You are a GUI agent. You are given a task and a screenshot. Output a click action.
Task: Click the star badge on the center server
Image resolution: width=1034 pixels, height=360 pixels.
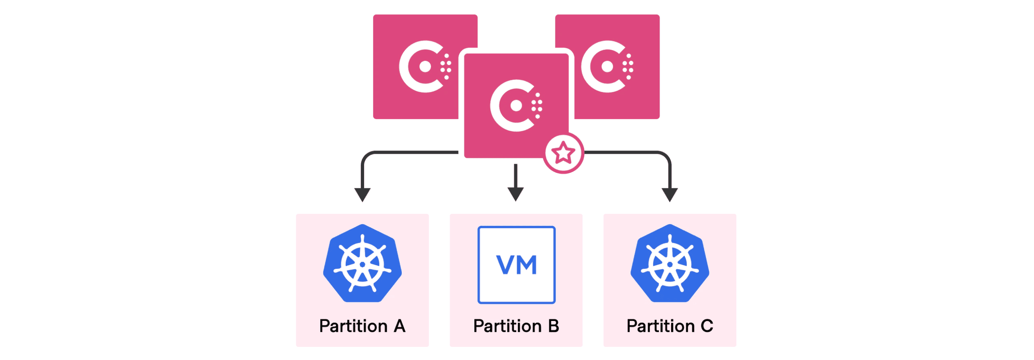(563, 153)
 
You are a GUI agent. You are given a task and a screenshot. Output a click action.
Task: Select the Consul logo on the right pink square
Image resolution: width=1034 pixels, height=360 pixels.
(607, 66)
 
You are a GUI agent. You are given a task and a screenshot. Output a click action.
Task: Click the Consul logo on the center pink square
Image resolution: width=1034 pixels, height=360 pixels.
(515, 106)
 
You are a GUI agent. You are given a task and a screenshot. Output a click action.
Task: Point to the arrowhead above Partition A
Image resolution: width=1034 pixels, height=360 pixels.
(362, 195)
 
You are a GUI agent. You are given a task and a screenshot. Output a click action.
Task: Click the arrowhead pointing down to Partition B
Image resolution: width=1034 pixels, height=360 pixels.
(515, 194)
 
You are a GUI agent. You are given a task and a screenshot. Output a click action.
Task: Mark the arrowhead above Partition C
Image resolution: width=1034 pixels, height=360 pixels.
(670, 195)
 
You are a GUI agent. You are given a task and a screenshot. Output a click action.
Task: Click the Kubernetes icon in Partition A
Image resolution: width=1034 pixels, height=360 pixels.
(362, 263)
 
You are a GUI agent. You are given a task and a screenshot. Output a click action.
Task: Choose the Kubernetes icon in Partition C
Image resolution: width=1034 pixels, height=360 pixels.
(670, 263)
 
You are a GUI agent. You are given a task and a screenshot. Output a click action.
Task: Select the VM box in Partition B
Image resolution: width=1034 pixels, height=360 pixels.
(516, 265)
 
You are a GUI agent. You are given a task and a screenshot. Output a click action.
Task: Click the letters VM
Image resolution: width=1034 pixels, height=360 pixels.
(516, 265)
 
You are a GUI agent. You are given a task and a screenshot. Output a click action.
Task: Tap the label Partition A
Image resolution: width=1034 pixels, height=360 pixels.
(362, 326)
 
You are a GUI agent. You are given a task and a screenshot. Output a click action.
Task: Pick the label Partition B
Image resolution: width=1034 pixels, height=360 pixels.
(516, 326)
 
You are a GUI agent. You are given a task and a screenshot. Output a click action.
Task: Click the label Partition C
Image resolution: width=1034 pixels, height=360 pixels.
(670, 326)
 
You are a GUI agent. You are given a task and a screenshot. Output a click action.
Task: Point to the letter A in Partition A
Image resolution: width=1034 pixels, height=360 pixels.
(399, 326)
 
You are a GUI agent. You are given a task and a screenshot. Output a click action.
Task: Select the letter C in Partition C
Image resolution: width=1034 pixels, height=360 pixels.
(707, 326)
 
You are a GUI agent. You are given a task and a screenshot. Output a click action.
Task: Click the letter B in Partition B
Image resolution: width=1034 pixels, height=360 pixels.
(554, 326)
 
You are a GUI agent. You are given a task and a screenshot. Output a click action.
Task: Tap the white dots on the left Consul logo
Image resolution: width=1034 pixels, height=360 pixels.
(446, 66)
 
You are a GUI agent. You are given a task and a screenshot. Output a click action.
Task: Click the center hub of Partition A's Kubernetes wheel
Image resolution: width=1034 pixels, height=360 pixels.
(362, 264)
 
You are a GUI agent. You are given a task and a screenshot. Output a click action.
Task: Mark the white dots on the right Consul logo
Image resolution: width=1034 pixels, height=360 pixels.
(628, 66)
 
